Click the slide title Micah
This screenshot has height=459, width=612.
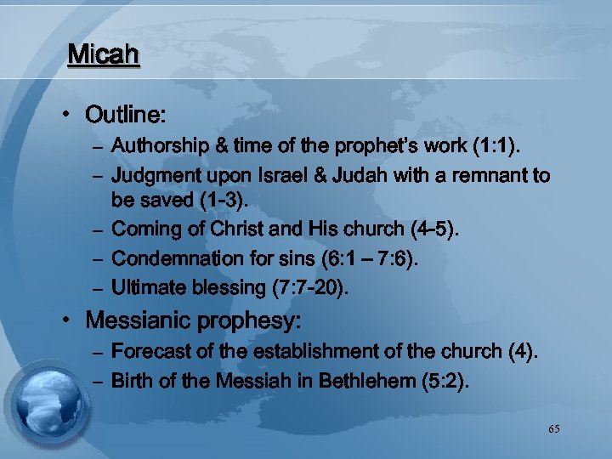click(103, 55)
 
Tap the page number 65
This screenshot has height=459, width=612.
click(554, 429)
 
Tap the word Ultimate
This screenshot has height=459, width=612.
click(146, 287)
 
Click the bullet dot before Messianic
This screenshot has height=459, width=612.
click(74, 321)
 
